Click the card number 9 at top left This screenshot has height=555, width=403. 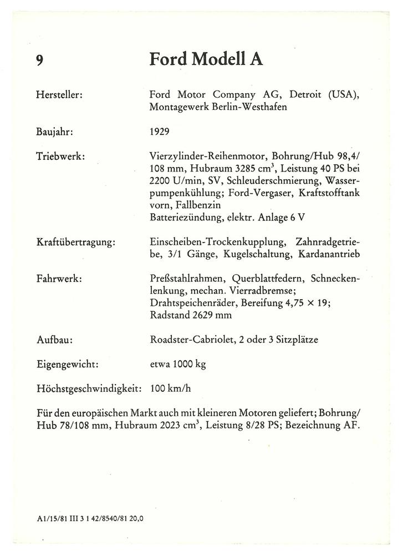pos(39,60)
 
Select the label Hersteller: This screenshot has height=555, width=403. pos(59,95)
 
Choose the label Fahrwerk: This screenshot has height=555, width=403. pos(59,278)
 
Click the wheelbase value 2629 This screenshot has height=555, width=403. pos(202,315)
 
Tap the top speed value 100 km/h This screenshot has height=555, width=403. pos(171,389)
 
